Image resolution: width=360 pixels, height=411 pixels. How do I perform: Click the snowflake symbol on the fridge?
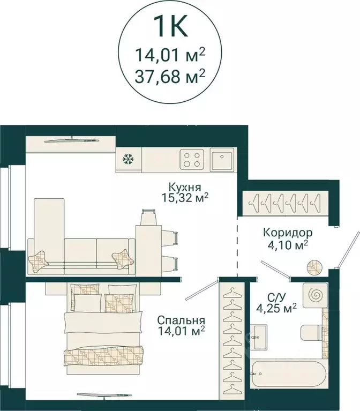click(x=129, y=160)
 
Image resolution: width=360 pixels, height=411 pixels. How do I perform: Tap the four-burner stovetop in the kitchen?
click(x=192, y=159)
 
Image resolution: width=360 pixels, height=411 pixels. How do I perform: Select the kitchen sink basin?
click(x=222, y=159)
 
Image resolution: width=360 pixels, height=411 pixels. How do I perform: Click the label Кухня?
click(x=185, y=187)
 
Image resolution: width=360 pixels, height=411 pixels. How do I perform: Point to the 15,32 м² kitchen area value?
click(x=185, y=198)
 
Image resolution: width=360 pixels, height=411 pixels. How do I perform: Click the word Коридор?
click(x=288, y=233)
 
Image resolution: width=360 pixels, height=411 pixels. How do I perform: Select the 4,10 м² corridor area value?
click(x=288, y=245)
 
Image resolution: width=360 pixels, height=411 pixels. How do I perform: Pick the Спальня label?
click(x=181, y=320)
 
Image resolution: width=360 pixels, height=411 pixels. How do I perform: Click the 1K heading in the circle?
click(x=170, y=26)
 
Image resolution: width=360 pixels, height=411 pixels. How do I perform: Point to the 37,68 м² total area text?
click(x=170, y=77)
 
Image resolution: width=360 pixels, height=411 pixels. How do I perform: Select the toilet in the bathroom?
click(x=312, y=333)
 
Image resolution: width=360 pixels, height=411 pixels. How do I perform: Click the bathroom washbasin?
click(x=260, y=337)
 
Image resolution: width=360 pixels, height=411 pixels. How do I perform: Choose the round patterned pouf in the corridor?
click(x=314, y=267)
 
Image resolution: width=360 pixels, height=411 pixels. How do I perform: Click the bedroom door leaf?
click(x=202, y=289)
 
